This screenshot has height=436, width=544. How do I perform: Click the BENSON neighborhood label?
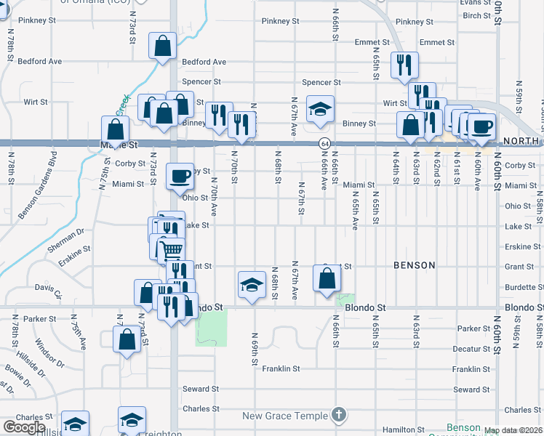coord(414,265)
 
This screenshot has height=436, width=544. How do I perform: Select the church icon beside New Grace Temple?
coord(337,415)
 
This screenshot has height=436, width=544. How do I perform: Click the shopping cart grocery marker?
coord(172,251)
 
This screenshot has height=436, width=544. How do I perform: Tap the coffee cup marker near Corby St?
coord(180,176)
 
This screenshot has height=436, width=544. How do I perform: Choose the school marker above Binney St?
coord(319,109)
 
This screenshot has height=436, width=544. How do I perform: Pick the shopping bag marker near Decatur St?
coord(127,339)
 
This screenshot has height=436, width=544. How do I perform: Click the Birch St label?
coord(476,15)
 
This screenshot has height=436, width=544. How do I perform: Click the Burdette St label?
coord(519,287)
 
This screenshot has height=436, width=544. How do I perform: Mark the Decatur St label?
coord(471,349)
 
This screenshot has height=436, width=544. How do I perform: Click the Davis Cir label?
coord(48,291)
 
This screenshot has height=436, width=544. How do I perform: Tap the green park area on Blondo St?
coord(211,327)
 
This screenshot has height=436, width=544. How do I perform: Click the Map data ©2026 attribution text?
coord(513,430)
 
